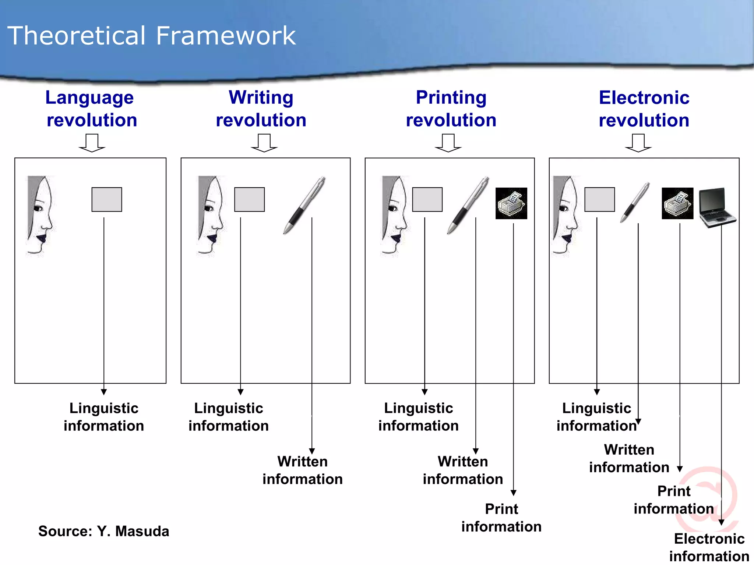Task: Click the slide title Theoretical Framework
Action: (x=151, y=36)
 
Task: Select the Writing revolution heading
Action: (x=261, y=109)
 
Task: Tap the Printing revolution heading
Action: (x=451, y=109)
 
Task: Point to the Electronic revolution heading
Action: (x=644, y=109)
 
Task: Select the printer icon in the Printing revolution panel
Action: (x=511, y=203)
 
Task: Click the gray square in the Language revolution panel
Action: (x=107, y=199)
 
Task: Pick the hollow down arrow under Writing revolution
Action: (x=264, y=143)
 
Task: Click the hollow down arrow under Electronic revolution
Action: (x=638, y=143)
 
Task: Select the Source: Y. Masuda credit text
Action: (x=103, y=531)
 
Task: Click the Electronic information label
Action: (x=709, y=547)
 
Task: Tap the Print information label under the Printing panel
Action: (x=501, y=518)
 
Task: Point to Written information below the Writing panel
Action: (x=302, y=470)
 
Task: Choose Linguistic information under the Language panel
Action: (x=104, y=417)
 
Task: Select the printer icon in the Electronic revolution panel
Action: (x=677, y=203)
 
